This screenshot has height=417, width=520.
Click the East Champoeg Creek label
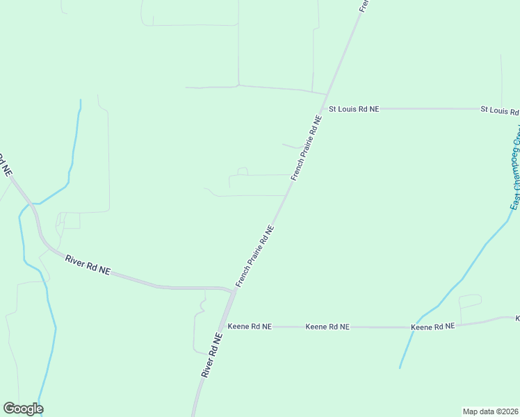tap(516, 167)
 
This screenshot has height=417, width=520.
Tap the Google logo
tap(23, 409)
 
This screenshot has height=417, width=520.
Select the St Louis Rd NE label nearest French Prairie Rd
tap(354, 109)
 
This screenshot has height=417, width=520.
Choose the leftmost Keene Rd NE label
tap(249, 326)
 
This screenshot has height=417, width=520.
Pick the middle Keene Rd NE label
tap(327, 326)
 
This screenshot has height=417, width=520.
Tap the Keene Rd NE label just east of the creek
tap(432, 326)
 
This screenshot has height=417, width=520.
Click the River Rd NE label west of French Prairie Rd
tap(88, 265)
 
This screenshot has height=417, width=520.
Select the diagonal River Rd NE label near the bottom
tap(211, 355)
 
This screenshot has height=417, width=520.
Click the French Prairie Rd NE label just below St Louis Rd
tap(307, 149)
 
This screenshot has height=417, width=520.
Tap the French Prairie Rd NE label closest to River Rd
tap(255, 256)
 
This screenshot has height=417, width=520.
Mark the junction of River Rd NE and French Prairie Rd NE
tap(234, 291)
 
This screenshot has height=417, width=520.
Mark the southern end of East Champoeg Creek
tap(400, 368)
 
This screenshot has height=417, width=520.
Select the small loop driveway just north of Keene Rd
tap(470, 301)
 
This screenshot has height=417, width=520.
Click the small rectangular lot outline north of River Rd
tap(72, 220)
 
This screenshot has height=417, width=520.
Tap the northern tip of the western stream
tap(81, 101)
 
